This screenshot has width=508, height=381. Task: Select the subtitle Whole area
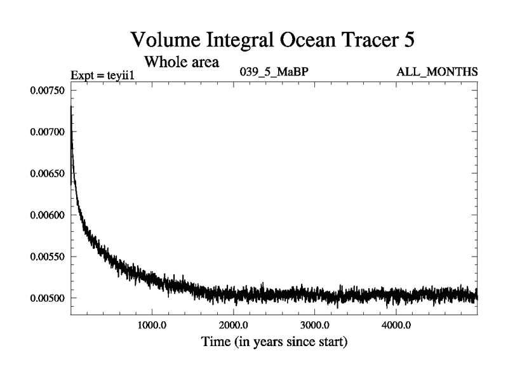(x=182, y=62)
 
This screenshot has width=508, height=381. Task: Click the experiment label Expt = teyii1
(x=102, y=76)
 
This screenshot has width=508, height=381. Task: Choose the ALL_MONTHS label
(x=437, y=72)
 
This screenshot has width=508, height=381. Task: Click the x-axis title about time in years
(x=274, y=342)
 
